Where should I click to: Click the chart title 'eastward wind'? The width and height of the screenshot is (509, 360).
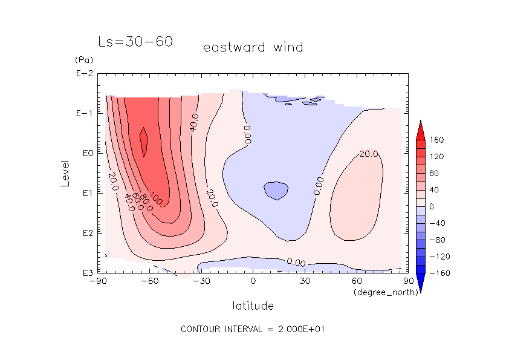click(x=253, y=47)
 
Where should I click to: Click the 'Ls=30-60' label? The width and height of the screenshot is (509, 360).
click(x=135, y=42)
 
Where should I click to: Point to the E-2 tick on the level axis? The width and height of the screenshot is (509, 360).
click(x=85, y=74)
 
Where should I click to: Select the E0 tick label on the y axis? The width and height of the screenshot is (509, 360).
click(x=86, y=153)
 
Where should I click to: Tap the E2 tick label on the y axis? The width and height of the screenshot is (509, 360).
click(x=86, y=233)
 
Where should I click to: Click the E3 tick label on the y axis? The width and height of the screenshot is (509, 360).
click(x=86, y=273)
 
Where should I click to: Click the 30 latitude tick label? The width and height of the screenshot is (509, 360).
click(x=305, y=281)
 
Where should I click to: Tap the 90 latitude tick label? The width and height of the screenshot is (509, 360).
click(x=409, y=281)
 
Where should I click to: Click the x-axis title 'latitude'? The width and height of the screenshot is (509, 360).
click(x=253, y=306)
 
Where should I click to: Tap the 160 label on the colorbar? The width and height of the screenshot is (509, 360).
click(x=437, y=140)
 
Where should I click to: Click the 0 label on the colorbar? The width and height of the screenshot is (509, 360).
click(x=432, y=207)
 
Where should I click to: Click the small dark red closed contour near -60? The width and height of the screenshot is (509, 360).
click(x=144, y=142)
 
